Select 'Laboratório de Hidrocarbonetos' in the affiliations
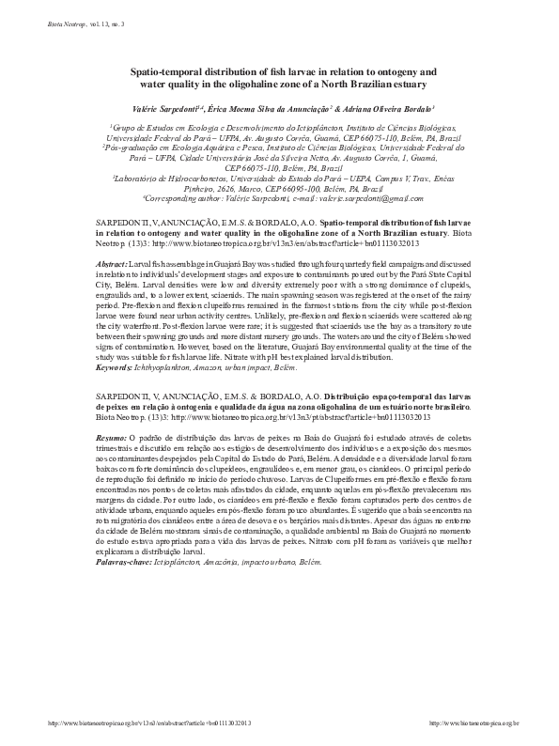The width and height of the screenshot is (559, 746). (x=166, y=177)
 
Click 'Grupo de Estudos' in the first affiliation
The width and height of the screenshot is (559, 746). (x=141, y=124)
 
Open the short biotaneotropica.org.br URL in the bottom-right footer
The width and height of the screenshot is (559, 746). (x=473, y=724)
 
